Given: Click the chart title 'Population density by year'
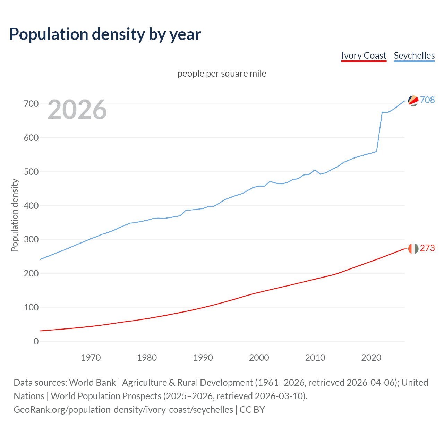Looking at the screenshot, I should click(105, 34).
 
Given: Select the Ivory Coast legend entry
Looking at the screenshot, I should click(364, 55).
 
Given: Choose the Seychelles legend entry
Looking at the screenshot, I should click(414, 55).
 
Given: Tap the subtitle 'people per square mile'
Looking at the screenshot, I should click(222, 74).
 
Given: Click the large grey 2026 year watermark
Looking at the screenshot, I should click(77, 110).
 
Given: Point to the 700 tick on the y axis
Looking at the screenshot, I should click(31, 104).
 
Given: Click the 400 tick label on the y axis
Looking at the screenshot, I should click(31, 206).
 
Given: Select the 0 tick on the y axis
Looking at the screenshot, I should click(36, 341).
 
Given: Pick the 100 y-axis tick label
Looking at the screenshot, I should click(31, 307).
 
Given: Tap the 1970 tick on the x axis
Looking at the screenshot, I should click(91, 358).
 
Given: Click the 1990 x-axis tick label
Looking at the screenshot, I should click(203, 358).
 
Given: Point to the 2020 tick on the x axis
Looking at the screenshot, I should click(371, 358).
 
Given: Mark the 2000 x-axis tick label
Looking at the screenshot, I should click(259, 358).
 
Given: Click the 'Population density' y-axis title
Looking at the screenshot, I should click(15, 215).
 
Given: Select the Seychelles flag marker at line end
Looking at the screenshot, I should click(413, 101).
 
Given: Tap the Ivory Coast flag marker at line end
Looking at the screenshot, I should click(413, 248).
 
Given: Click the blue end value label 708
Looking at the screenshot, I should click(427, 100).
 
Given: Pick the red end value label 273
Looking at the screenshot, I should click(427, 248).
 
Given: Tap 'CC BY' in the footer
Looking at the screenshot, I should click(252, 410).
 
